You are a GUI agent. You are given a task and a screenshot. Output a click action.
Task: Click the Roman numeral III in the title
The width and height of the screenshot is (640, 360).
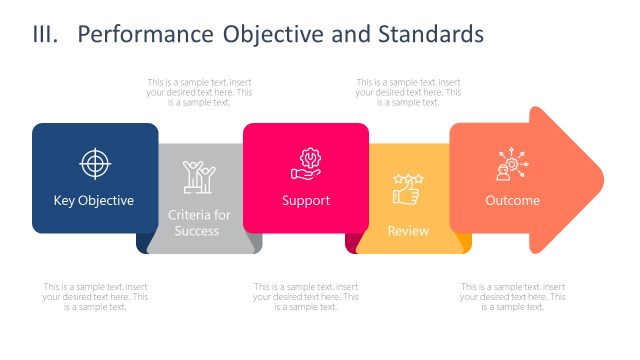(46, 35)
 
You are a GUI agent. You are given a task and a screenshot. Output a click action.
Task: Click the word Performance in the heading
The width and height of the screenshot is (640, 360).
(145, 35)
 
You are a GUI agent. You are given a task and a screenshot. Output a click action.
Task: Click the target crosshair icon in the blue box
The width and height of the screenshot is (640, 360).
(94, 163)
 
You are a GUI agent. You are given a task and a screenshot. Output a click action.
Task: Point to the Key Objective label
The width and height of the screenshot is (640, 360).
(94, 200)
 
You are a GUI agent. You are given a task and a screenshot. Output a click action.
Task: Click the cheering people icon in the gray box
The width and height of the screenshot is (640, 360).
(199, 177)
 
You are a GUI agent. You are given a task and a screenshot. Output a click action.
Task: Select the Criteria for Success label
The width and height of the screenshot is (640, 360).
(199, 223)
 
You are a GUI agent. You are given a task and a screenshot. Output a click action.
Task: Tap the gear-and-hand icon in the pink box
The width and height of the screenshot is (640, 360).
(305, 163)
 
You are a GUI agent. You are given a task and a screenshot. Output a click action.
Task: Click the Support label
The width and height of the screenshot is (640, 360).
(305, 200)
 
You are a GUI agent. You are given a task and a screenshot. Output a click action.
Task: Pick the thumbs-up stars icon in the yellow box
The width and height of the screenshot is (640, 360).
(407, 187)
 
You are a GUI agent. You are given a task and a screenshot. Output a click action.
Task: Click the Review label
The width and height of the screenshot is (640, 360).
(407, 231)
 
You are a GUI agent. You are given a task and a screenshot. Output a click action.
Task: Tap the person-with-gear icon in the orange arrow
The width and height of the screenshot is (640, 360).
(512, 164)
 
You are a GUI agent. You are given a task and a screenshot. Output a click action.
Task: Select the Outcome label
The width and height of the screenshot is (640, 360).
(512, 200)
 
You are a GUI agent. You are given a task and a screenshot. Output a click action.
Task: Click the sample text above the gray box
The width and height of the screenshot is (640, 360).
(199, 92)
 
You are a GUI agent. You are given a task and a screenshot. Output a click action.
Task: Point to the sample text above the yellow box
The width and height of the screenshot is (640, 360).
(408, 92)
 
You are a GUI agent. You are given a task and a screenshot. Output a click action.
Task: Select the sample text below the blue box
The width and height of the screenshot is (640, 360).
(95, 296)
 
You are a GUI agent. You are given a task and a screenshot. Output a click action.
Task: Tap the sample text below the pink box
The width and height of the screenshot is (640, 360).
(305, 296)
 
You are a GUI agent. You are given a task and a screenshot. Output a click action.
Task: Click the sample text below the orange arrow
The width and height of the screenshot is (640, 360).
(512, 296)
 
